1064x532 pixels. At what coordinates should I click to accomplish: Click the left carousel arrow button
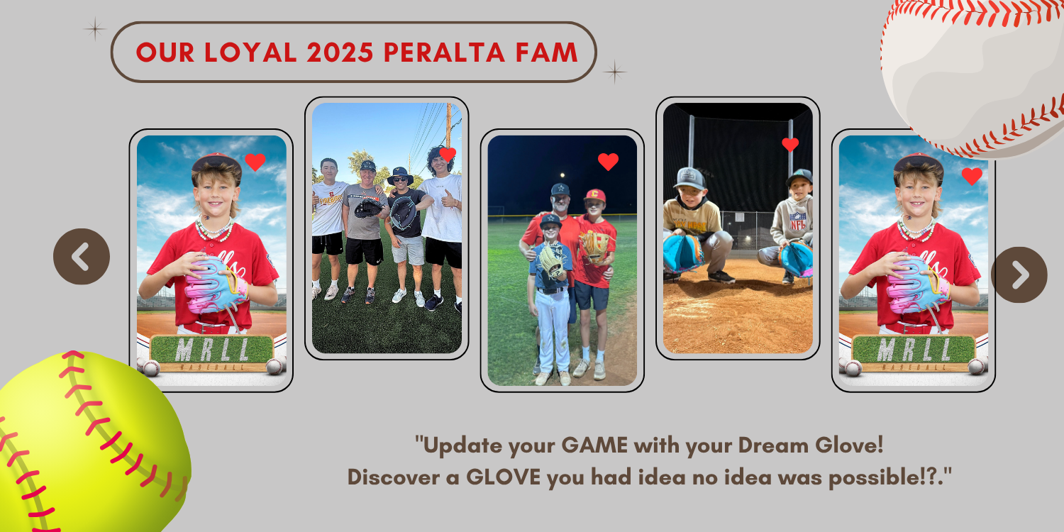pos(82,257)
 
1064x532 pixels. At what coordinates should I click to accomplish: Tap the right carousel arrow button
pos(1019,275)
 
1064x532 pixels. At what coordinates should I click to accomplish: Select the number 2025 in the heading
pos(340,52)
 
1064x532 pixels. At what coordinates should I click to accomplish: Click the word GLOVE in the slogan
pos(503,477)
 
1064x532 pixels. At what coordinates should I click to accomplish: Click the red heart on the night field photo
pos(608,162)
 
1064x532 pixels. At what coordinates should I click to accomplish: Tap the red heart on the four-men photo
pos(448,155)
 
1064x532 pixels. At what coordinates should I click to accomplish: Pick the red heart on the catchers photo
pos(790,145)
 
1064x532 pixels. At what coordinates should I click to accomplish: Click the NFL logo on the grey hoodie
pos(797,222)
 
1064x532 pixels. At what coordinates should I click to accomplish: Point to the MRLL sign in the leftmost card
pos(211,350)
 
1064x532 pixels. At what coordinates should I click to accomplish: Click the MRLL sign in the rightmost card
pos(914,350)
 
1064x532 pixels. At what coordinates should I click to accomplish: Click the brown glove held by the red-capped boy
pos(594,246)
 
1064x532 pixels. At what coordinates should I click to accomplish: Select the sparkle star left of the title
pos(95,29)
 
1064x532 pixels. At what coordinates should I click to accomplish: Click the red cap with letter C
pos(594,195)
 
